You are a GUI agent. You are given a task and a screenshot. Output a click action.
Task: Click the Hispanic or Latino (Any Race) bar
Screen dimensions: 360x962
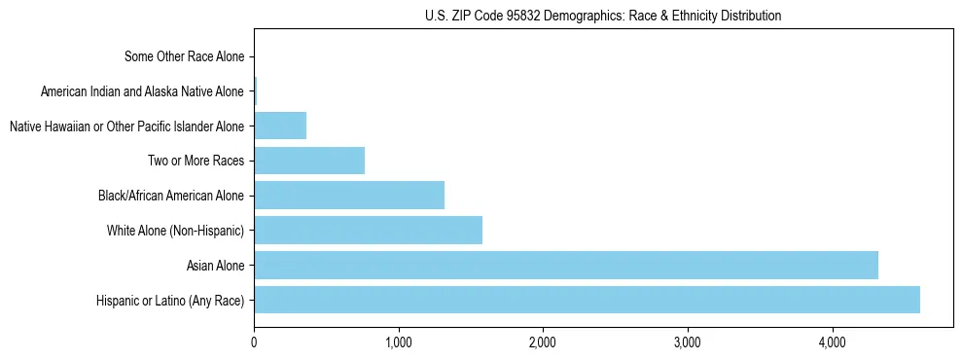(587, 300)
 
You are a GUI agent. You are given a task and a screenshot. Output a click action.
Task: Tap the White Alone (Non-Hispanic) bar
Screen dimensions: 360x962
(368, 231)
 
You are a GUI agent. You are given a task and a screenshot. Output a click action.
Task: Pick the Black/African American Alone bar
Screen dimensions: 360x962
(348, 196)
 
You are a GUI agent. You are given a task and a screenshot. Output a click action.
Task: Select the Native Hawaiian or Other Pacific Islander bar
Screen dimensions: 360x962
(280, 126)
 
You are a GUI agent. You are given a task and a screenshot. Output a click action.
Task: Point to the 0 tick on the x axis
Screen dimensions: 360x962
(254, 342)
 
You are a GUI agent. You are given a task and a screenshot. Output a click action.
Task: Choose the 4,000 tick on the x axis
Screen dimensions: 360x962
(832, 342)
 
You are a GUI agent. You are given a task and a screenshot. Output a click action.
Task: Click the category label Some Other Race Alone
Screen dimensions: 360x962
(185, 56)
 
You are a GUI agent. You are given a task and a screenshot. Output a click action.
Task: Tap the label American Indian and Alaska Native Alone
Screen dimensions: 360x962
(143, 91)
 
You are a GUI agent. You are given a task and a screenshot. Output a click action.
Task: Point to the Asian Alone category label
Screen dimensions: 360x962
(215, 265)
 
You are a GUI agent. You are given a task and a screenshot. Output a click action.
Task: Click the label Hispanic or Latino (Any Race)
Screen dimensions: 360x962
(170, 300)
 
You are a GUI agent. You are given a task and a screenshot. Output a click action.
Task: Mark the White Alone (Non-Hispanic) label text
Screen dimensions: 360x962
(175, 231)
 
